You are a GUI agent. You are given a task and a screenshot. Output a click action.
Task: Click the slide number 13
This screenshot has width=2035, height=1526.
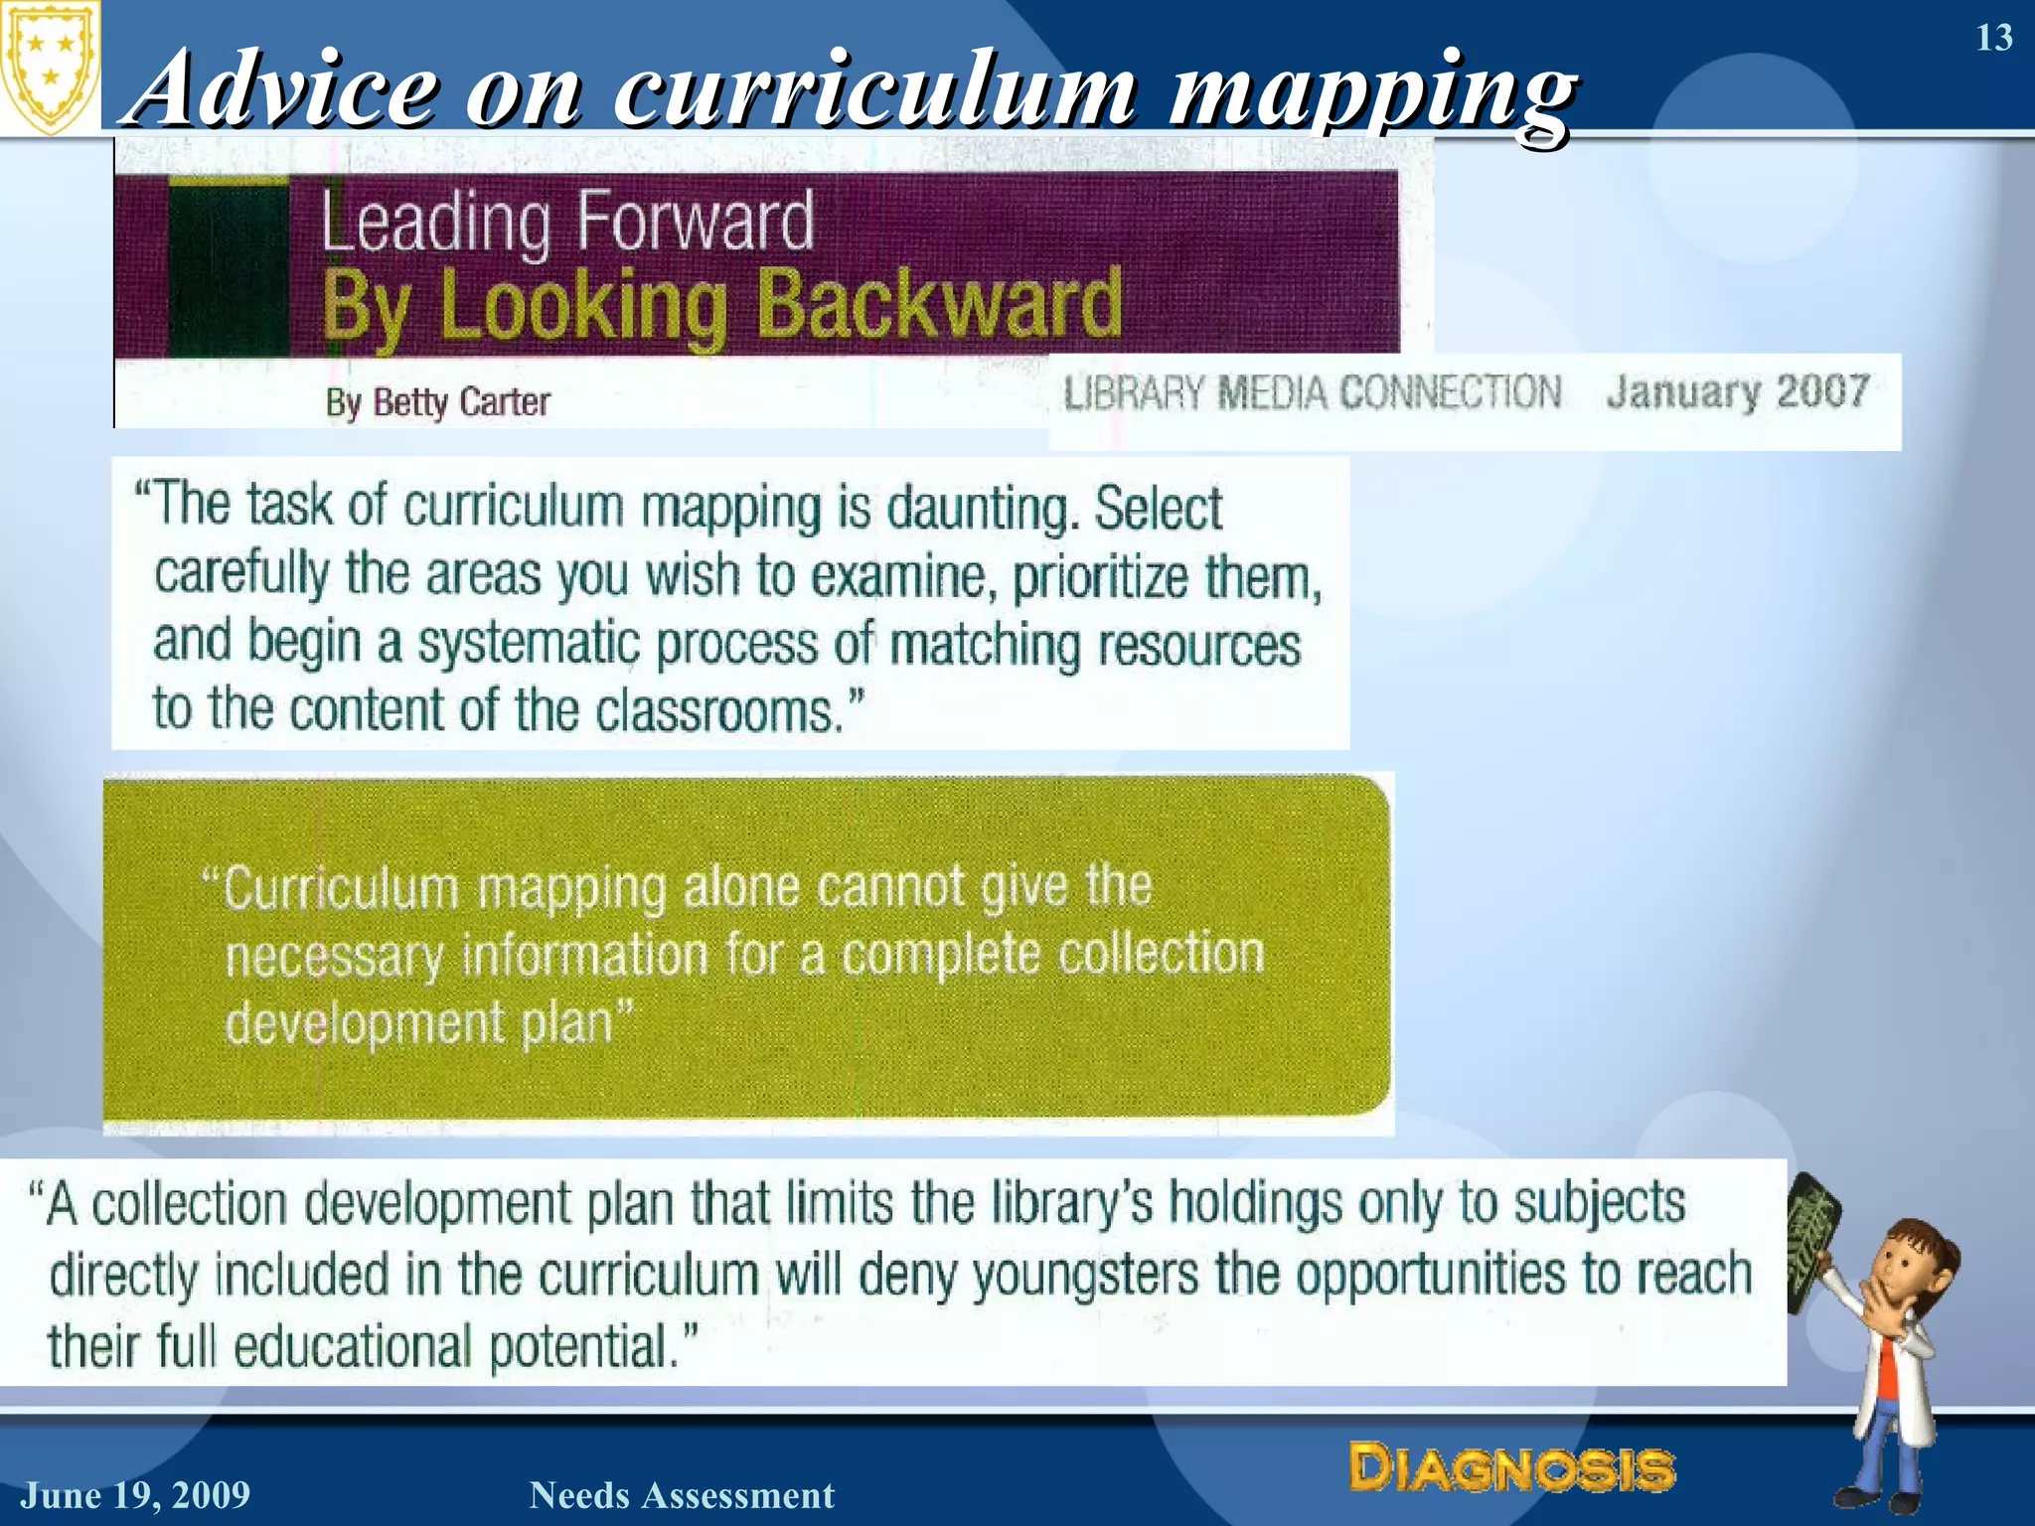[1993, 38]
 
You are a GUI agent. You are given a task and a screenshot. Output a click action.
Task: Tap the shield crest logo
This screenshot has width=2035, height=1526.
[50, 68]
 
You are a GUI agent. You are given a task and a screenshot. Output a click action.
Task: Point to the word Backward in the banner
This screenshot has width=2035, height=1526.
[939, 304]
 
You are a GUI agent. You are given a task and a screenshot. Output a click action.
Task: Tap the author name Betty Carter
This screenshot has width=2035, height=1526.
[461, 402]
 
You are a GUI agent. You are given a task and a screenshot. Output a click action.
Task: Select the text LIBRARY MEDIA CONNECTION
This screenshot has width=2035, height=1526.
[1312, 392]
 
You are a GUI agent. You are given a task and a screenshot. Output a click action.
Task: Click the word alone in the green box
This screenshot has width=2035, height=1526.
[740, 887]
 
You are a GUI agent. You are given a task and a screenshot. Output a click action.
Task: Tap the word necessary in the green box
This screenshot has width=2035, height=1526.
[334, 957]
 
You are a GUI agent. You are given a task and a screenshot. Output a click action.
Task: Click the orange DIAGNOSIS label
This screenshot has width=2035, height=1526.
[1511, 1468]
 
